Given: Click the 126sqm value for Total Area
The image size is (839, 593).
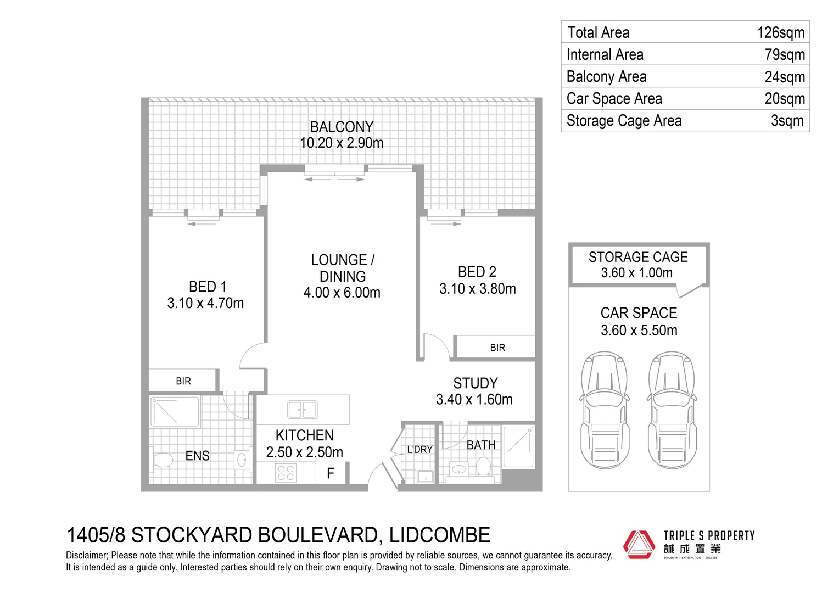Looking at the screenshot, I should point(780,33).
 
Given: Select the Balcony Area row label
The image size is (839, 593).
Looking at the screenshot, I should point(606,77).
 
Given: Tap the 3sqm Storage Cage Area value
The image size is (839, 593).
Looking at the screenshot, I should point(787,121).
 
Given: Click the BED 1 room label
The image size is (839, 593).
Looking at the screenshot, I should point(208,287).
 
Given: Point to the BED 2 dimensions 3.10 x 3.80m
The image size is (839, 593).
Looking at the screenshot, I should point(477,289).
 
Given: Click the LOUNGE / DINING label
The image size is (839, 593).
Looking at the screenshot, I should point(343,268).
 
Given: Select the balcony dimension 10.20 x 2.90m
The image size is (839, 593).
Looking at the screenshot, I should point(342,143).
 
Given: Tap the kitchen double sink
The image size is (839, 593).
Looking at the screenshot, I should point(302,410).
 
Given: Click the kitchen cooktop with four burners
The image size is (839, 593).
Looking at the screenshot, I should point(286,473).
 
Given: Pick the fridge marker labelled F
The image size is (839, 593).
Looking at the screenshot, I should point(331,473).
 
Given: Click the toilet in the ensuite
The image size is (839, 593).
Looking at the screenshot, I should point(163,460).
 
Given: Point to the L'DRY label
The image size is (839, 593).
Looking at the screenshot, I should point(419,450).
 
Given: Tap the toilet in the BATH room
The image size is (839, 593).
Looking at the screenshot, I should point(483,467).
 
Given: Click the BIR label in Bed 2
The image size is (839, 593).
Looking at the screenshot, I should point(497,348).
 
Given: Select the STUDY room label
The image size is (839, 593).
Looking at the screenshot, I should point(476,383).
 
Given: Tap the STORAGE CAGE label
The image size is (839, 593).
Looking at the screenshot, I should point(638,257).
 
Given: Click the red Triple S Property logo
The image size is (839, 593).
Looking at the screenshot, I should point(639,544).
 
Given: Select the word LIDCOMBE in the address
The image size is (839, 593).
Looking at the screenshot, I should point(439,535).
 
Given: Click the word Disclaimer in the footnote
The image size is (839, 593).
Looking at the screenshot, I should point(86,556).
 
